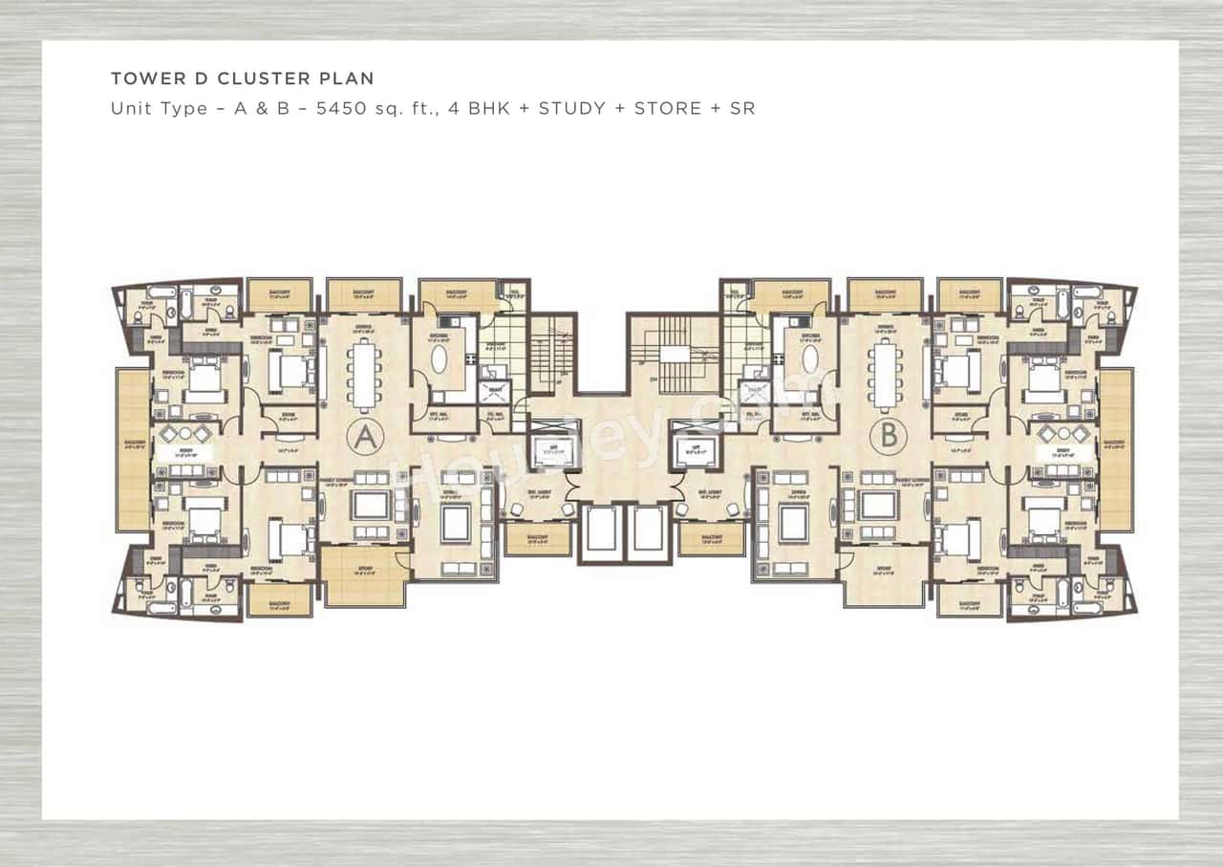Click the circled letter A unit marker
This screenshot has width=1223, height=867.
(x=364, y=438)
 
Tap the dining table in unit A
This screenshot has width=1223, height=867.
(x=364, y=375)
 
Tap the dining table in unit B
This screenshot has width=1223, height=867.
(x=885, y=375)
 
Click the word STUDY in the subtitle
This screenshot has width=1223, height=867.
(x=571, y=108)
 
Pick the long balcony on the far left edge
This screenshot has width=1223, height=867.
(x=134, y=449)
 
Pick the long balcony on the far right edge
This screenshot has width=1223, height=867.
(x=1116, y=449)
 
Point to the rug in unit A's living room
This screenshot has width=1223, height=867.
(x=454, y=523)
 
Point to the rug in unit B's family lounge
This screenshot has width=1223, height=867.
(x=877, y=504)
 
